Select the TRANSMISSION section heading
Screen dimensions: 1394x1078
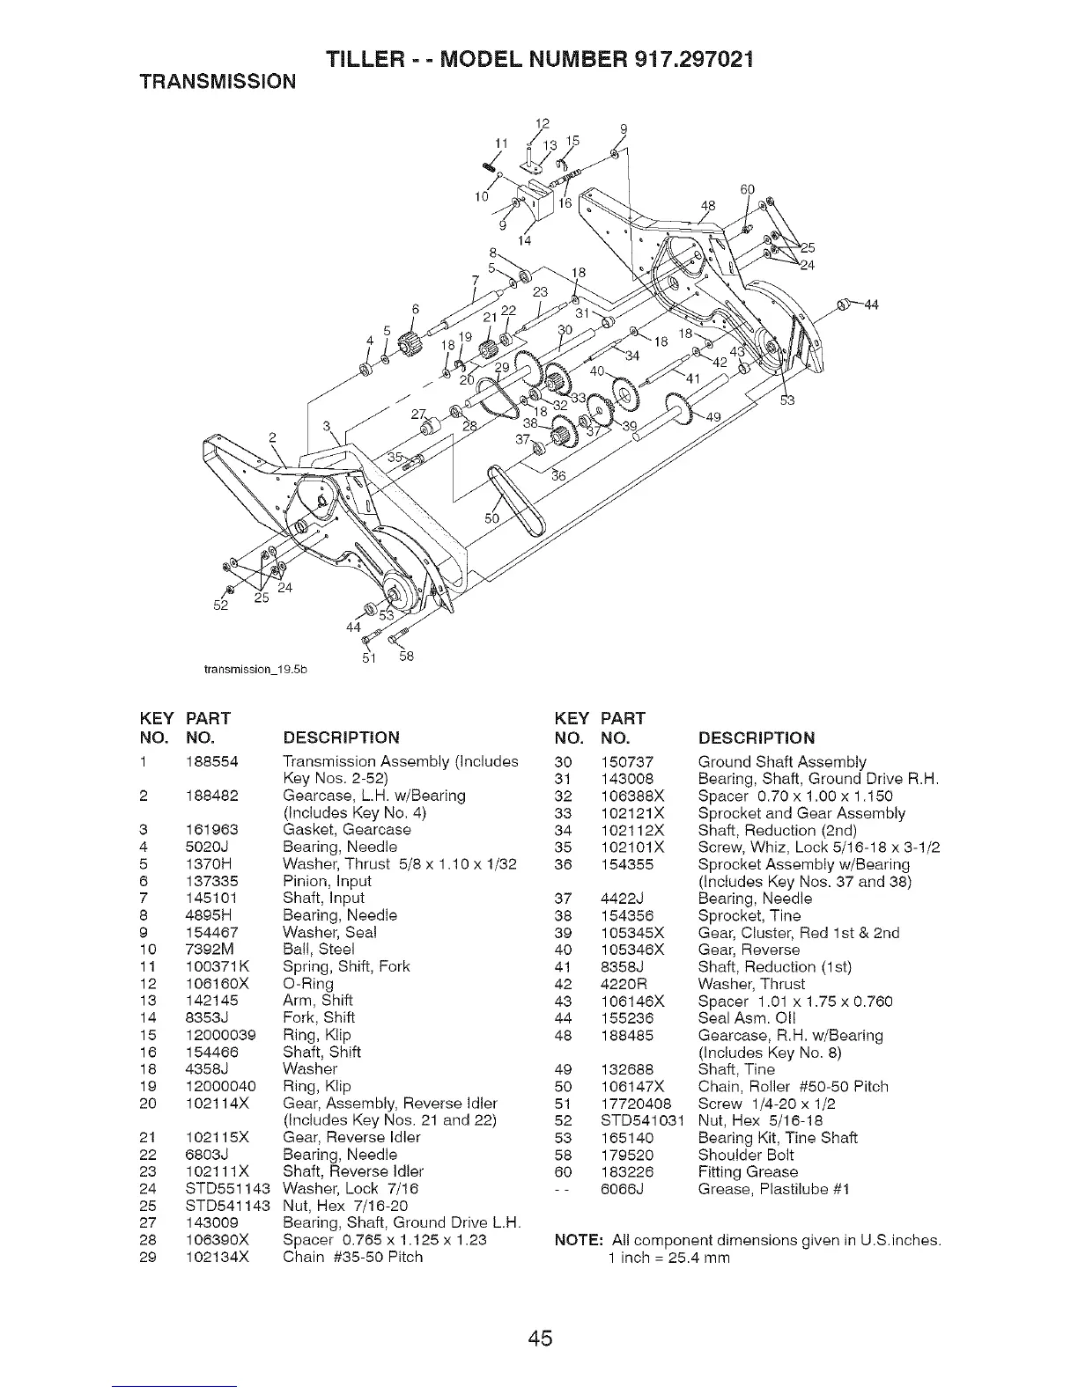219,82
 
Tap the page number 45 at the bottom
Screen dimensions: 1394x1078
540,1339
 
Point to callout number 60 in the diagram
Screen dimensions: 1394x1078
748,189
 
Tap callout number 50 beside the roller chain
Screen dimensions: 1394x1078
492,518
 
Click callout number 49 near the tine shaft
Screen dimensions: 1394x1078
714,417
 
